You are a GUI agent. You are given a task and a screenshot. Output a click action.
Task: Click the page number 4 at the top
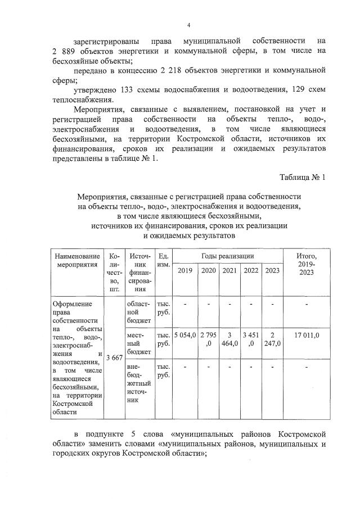pos(188,25)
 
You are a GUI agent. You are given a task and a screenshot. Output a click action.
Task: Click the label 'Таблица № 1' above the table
pos(303,178)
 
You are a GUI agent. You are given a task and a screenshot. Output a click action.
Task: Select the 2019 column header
pos(184,271)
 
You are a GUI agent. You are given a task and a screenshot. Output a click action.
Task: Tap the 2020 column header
pos(208,271)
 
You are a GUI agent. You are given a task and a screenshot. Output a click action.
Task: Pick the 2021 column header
pos(229,271)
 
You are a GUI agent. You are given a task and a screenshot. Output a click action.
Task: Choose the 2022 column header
pos(250,271)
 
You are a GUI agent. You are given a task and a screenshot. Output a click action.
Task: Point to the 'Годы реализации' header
pos(228,256)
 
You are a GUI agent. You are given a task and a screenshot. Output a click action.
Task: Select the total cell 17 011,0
pos(307,335)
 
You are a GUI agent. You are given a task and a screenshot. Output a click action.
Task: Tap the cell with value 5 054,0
pos(184,335)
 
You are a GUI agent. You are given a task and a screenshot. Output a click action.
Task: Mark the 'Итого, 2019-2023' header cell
pos(307,264)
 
